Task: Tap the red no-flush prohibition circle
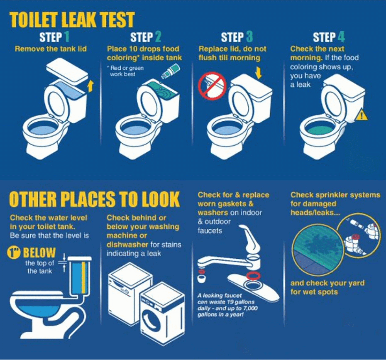[213, 86]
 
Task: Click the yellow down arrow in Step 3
[258, 73]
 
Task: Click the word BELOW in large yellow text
[39, 253]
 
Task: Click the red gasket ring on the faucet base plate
[253, 276]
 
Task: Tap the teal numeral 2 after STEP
[158, 37]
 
